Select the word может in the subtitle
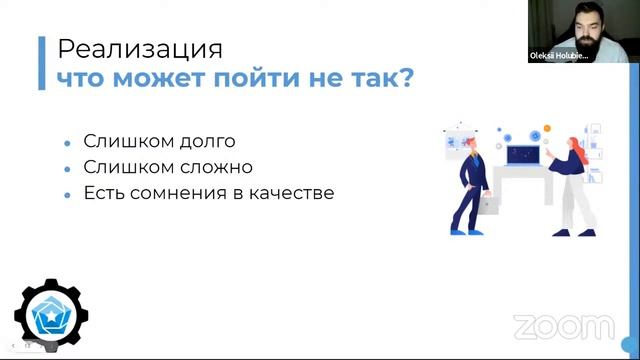(x=170, y=79)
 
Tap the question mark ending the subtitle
(x=402, y=79)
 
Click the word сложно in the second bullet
(x=214, y=167)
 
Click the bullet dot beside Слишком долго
(x=67, y=144)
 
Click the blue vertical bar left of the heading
(x=41, y=63)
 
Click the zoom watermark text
(x=564, y=326)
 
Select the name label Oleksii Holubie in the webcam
(x=560, y=57)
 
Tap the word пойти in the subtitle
(x=255, y=79)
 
